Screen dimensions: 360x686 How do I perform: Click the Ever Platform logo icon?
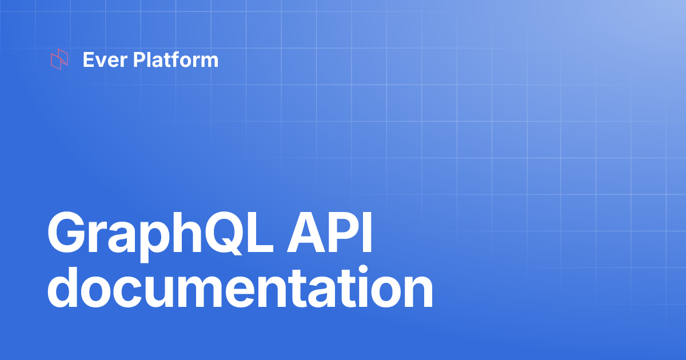pos(59,60)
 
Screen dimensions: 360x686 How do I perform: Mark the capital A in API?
pos(309,234)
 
